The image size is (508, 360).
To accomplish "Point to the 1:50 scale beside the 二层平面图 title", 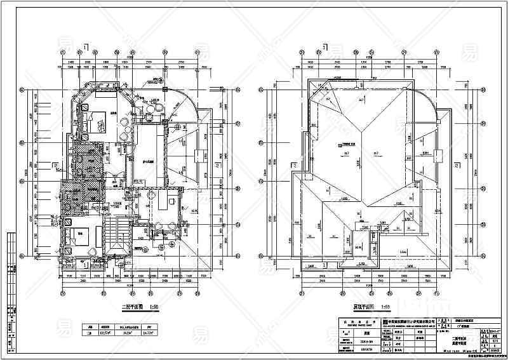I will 153,308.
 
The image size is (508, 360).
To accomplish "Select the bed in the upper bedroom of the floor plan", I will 96,119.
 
